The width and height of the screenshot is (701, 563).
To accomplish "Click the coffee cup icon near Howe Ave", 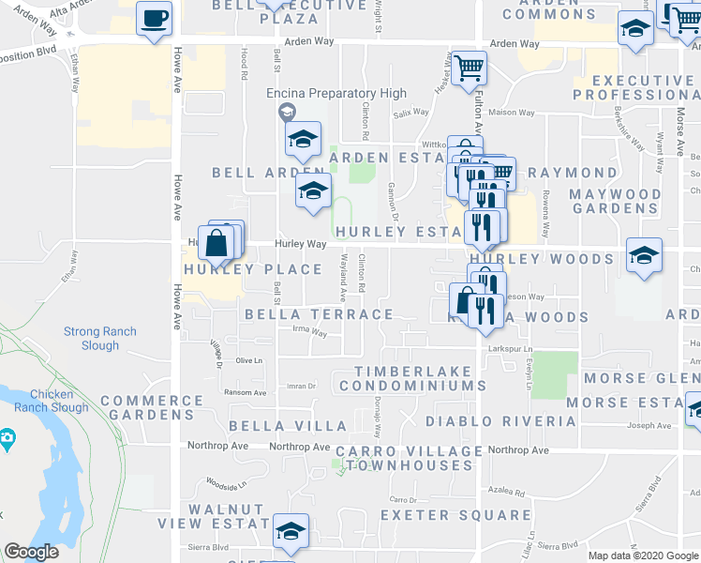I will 155,17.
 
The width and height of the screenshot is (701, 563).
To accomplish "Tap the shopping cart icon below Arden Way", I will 469,68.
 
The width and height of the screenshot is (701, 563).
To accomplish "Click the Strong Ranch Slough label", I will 99,339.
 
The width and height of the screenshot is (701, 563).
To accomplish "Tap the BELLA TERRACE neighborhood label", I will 319,314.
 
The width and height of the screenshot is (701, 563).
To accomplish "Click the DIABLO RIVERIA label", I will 500,421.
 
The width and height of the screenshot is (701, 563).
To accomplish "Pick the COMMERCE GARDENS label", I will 152,407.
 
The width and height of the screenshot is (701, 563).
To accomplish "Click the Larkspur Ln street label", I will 510,349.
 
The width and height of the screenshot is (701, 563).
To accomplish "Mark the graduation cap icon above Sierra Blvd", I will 291,532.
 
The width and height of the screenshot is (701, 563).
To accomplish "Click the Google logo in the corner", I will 31,552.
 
